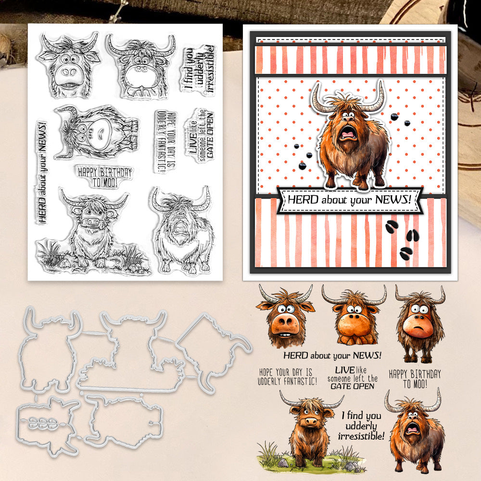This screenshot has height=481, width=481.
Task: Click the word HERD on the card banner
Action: point(299,200)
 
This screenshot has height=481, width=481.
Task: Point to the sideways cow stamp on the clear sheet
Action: point(96,132)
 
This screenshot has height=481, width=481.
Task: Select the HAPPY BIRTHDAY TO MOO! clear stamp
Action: point(104,177)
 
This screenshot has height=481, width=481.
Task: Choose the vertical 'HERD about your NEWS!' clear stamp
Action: point(42,172)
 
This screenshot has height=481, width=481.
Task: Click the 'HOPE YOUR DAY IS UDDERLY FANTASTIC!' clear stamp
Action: point(165,141)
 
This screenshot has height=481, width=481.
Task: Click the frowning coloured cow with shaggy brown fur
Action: point(420,324)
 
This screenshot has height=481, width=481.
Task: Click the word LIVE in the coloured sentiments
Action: point(344,370)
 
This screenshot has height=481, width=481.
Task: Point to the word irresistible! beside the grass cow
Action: point(361,436)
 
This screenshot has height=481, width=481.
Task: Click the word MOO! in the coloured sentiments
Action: point(419,383)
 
